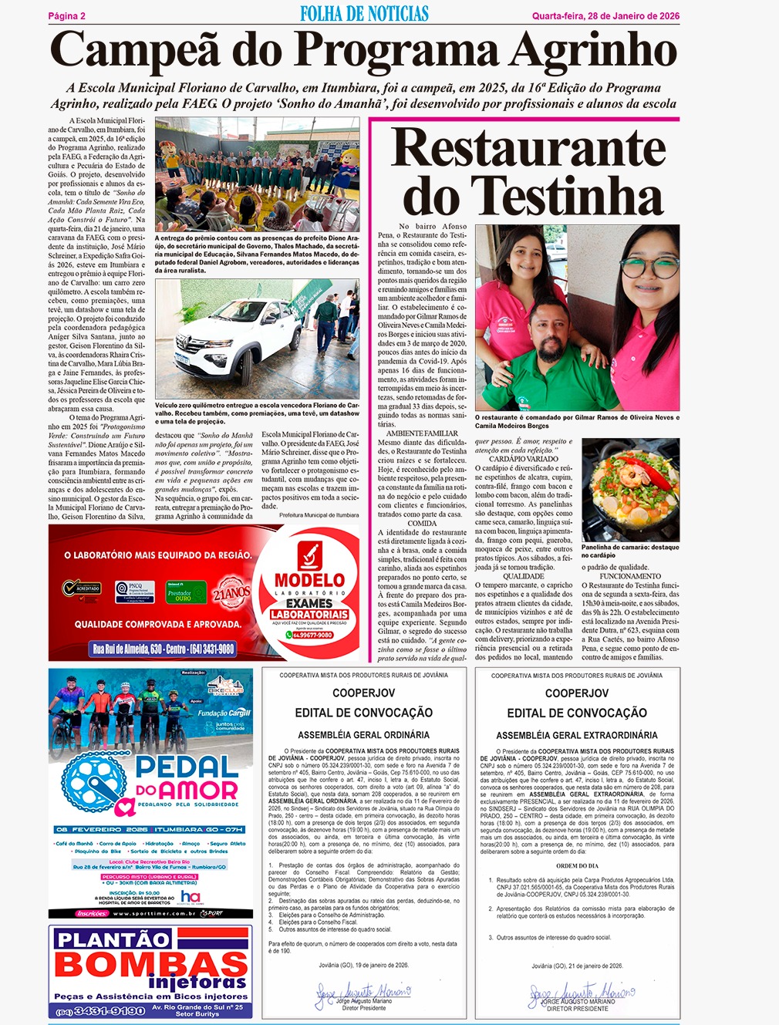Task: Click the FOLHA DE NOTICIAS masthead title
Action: pos(364,14)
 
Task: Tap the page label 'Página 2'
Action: pos(67,16)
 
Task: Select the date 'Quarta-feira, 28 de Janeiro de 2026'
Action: pos(605,16)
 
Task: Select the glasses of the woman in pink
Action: pos(649,270)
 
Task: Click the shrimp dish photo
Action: pos(630,490)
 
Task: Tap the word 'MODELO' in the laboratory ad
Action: pos(310,579)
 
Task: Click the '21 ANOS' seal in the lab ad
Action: pos(232,593)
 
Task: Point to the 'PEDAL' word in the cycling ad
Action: pos(187,767)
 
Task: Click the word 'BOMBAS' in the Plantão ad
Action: pos(151,965)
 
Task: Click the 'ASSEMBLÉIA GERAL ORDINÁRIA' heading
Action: pos(363,735)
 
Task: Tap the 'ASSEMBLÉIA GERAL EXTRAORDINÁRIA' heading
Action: pos(576,735)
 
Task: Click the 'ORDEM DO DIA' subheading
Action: pos(577,865)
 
